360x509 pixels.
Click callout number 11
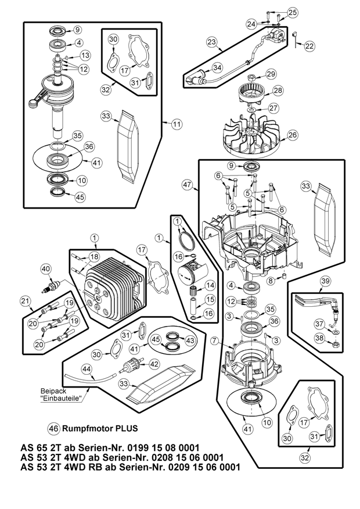coord(176,124)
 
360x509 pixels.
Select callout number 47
coord(187,184)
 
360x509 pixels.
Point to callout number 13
coord(85,55)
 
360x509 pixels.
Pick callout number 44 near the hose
coord(87,368)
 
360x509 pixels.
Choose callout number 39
coord(326,281)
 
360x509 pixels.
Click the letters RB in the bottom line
coord(102,467)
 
